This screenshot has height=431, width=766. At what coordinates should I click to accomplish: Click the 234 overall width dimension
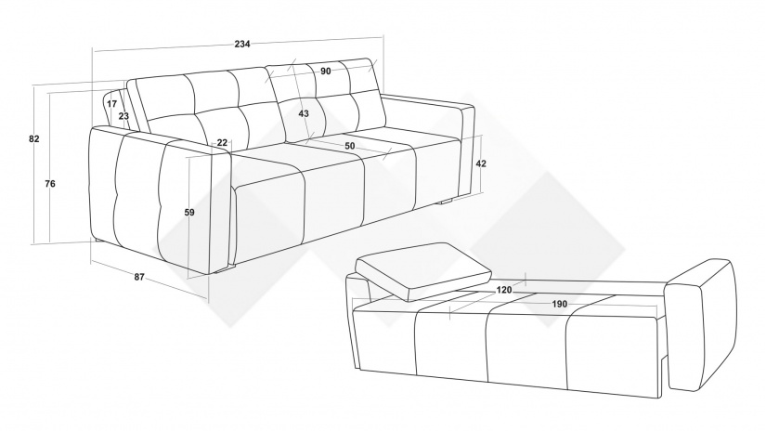241,44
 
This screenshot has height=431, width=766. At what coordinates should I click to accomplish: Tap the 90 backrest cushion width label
326,71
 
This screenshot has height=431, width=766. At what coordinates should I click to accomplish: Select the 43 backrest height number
304,113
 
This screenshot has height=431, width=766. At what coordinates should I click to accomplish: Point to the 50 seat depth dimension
350,146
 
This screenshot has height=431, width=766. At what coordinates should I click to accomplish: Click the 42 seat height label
481,163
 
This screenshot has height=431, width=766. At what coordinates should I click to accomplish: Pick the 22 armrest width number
222,143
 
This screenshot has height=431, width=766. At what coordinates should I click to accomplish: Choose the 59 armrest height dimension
189,212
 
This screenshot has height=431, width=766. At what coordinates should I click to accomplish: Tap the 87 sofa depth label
139,277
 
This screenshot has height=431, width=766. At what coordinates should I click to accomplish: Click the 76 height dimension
50,184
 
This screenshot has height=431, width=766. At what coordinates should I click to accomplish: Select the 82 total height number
33,138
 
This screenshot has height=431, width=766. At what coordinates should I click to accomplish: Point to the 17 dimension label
111,104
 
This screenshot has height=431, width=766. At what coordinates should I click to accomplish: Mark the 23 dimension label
123,116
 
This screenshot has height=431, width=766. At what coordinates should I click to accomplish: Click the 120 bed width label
504,290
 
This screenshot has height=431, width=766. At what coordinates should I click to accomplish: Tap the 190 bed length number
560,304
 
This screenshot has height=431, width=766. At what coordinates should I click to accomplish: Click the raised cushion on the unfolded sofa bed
422,270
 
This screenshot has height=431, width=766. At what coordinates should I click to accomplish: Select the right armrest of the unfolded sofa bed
702,324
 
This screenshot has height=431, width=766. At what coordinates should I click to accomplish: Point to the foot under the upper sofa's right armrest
446,202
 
